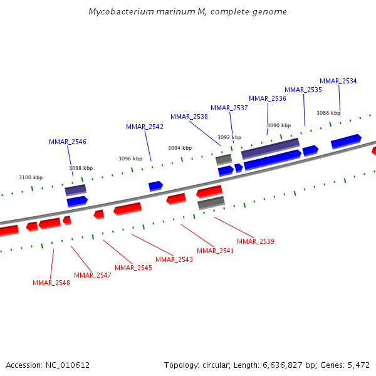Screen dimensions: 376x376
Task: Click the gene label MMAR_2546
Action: click(68, 142)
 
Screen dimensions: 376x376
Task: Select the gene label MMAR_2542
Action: click(145, 127)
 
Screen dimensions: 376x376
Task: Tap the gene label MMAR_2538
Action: click(189, 117)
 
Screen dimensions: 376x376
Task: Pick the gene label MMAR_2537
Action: click(229, 108)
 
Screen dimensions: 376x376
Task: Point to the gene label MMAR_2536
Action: click(268, 98)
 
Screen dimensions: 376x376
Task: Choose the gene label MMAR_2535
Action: click(303, 90)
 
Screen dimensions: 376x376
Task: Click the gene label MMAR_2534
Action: click(338, 81)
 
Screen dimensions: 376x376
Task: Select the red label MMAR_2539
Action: click(256, 241)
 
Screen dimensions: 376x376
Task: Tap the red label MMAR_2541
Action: click(216, 251)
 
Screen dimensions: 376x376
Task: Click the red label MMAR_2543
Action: click(174, 259)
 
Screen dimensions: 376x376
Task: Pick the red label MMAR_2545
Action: click(133, 268)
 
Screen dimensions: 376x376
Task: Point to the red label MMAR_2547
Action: click(93, 275)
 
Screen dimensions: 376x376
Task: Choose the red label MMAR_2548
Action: click(51, 283)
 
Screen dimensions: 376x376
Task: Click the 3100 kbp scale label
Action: click(31, 177)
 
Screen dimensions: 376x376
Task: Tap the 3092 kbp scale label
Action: click(229, 137)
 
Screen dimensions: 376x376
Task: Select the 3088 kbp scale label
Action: click(328, 113)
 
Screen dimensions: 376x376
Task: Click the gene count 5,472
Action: click(358, 365)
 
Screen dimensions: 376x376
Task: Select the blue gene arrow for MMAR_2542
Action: click(155, 185)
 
